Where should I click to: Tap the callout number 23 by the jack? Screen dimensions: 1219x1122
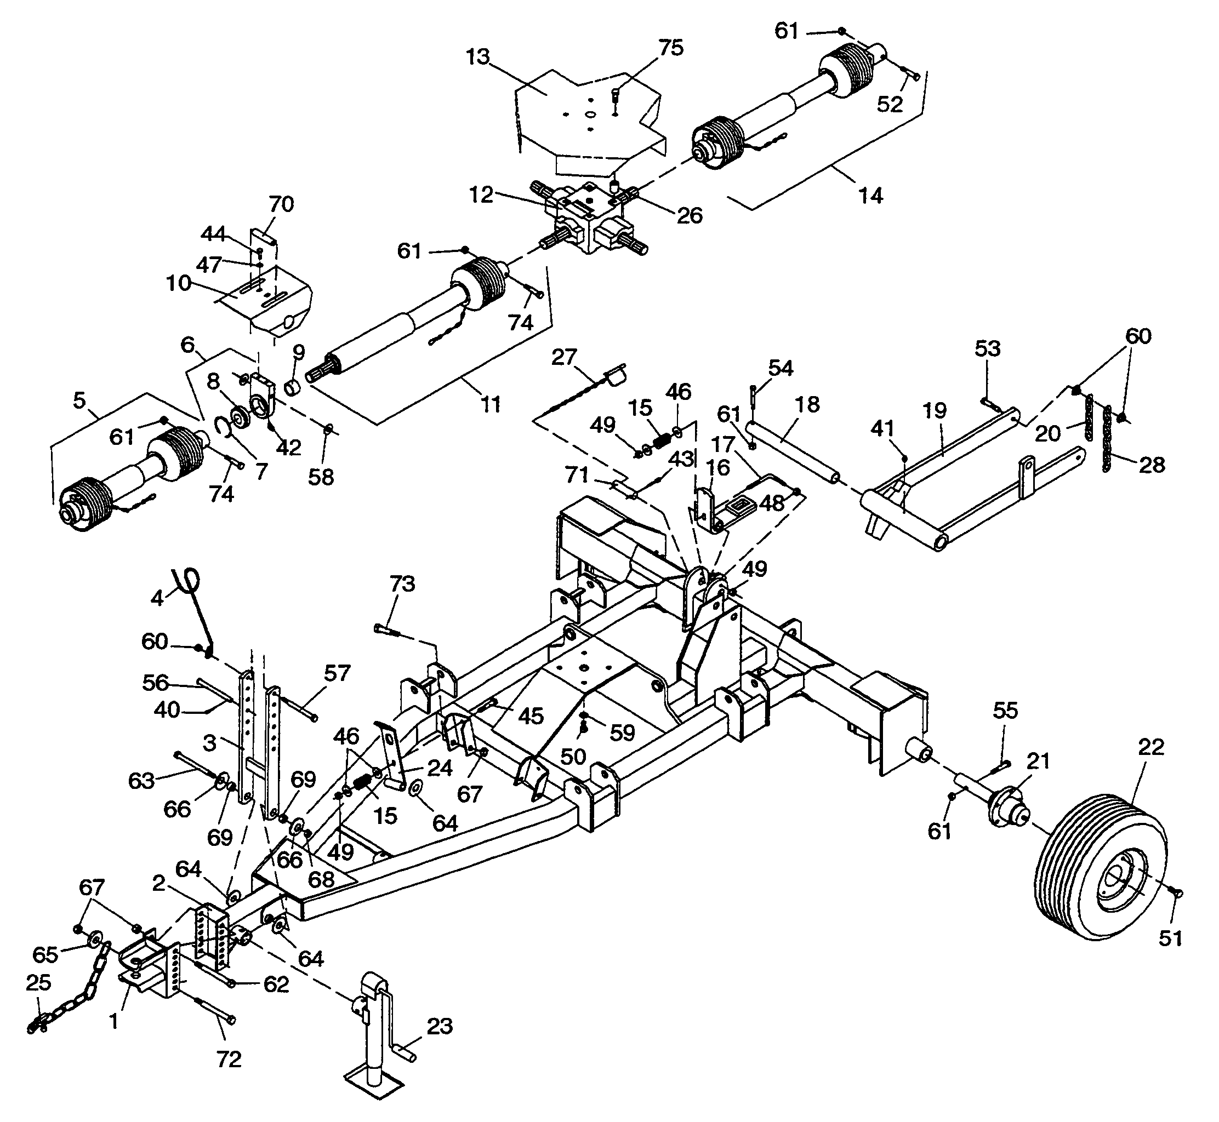point(440,1027)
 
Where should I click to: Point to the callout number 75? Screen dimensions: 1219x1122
point(671,48)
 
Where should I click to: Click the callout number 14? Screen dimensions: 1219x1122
point(871,196)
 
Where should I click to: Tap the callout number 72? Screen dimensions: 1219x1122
point(229,1060)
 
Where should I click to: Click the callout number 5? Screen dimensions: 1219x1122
point(79,400)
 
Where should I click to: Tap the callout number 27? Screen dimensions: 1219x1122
point(563,357)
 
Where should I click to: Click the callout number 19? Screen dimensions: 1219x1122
point(936,411)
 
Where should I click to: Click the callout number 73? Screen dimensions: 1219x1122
point(403,583)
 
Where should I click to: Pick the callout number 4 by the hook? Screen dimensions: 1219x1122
point(157,599)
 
